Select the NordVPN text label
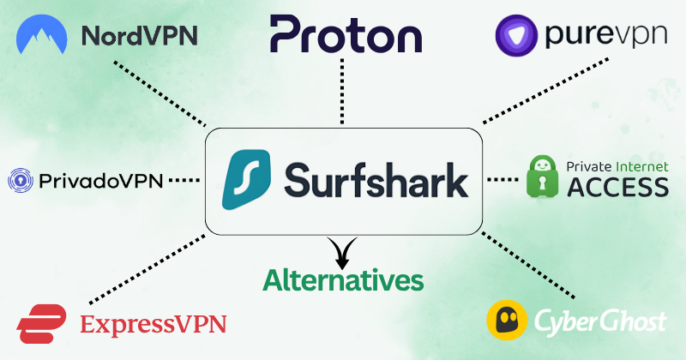(x=139, y=37)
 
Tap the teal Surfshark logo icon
(x=246, y=181)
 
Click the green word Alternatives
(x=342, y=279)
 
